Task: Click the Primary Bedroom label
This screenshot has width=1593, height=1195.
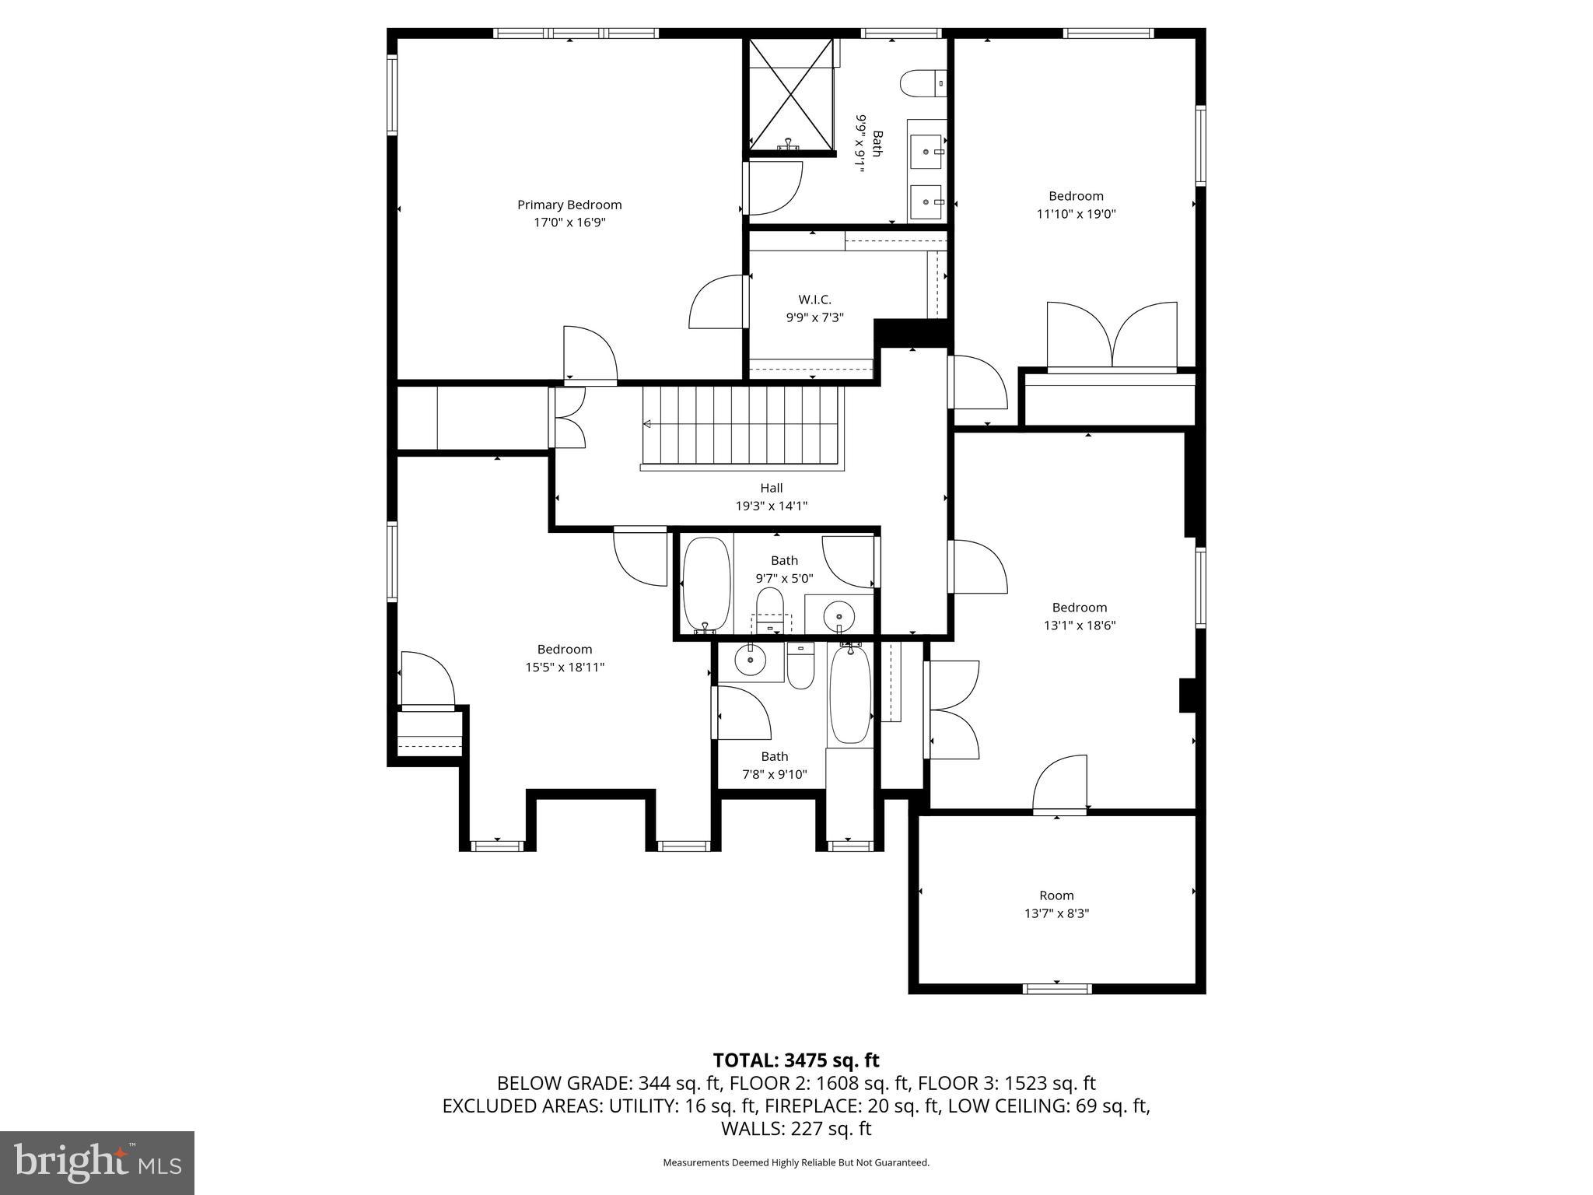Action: click(569, 205)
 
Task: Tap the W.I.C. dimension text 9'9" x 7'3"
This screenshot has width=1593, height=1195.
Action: click(814, 317)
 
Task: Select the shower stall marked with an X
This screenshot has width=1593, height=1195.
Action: click(790, 93)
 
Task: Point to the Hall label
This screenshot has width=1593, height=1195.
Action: click(771, 488)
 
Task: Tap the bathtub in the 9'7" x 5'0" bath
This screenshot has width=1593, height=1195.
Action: click(706, 583)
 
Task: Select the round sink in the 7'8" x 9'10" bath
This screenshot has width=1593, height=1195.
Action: click(750, 661)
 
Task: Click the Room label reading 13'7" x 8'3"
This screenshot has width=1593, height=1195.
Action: click(1056, 895)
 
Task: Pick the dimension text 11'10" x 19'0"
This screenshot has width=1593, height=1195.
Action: click(1076, 214)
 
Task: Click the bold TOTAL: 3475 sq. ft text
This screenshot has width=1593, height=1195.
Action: click(796, 1060)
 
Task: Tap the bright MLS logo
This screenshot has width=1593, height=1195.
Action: click(97, 1164)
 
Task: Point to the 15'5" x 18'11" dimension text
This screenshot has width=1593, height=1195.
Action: click(565, 668)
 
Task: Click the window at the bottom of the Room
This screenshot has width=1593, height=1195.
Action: click(1056, 989)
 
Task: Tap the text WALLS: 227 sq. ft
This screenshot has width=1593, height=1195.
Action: click(796, 1128)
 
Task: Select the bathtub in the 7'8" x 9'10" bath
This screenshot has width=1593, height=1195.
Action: click(850, 694)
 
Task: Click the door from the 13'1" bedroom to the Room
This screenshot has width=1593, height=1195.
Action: click(1060, 786)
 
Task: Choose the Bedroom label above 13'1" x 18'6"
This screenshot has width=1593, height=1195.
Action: click(1079, 608)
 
